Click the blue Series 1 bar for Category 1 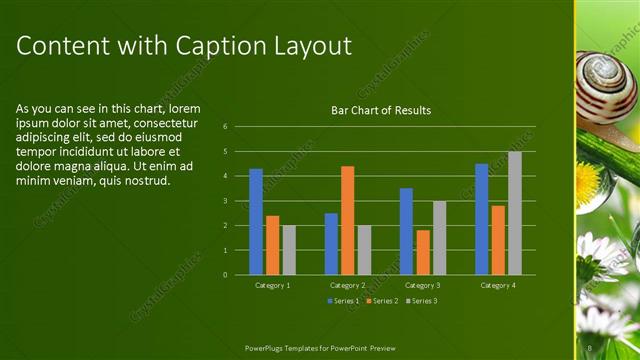(x=256, y=221)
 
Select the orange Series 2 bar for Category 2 (x=347, y=220)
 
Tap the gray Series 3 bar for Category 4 (x=514, y=213)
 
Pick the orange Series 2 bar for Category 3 (x=423, y=252)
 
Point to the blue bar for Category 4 (x=481, y=219)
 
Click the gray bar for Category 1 (x=289, y=250)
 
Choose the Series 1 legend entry (x=343, y=300)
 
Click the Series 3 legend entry (x=421, y=300)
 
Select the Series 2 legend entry (x=382, y=300)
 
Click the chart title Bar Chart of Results (x=381, y=110)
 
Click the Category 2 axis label (x=347, y=285)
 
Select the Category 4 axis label (x=497, y=285)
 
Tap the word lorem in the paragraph (x=185, y=108)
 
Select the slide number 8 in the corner (x=591, y=348)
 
